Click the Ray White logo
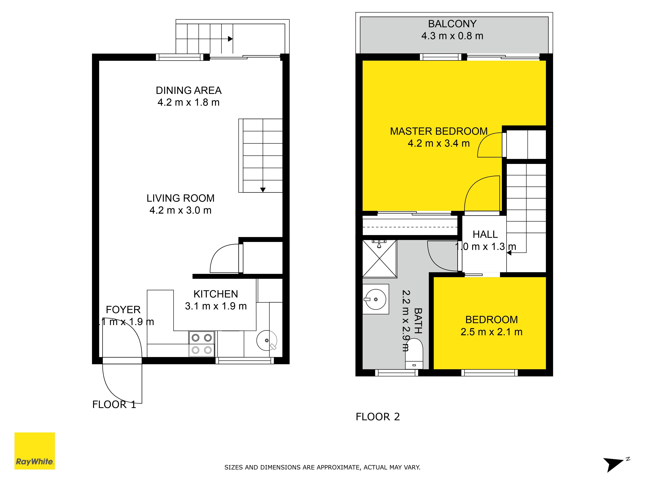[35, 451]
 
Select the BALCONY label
[452, 24]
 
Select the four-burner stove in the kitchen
[202, 344]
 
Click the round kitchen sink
[267, 340]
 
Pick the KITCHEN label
[216, 294]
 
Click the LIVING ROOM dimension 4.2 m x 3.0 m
[180, 210]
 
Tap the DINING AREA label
[189, 91]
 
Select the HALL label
[485, 234]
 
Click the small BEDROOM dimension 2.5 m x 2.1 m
[492, 332]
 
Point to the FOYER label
[123, 310]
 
